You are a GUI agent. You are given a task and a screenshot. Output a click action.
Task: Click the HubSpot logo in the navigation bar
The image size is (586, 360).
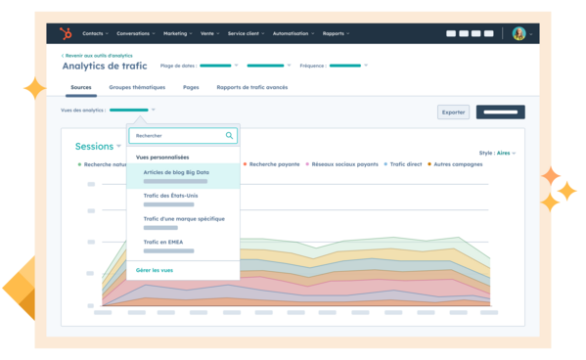pyautogui.click(x=66, y=33)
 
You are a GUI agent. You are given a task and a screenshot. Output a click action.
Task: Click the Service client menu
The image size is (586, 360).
pyautogui.click(x=248, y=33)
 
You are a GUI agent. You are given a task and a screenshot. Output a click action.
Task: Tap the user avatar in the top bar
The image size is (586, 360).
pyautogui.click(x=518, y=33)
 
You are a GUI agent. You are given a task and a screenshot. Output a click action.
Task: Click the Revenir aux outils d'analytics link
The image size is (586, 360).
pyautogui.click(x=97, y=56)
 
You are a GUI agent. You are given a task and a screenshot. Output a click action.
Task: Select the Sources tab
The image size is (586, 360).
pyautogui.click(x=81, y=87)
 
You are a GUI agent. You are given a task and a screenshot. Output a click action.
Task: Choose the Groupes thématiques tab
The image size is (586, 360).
pyautogui.click(x=137, y=87)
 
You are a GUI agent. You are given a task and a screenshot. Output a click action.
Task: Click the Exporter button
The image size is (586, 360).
pyautogui.click(x=454, y=112)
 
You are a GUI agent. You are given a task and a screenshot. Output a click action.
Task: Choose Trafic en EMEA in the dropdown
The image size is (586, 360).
pyautogui.click(x=162, y=242)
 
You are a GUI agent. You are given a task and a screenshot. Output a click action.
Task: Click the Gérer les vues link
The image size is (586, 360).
pyautogui.click(x=155, y=269)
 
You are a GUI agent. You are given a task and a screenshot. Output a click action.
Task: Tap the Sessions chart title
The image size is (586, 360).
pyautogui.click(x=95, y=147)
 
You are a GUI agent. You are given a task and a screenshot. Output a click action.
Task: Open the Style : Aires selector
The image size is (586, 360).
pyautogui.click(x=497, y=153)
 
